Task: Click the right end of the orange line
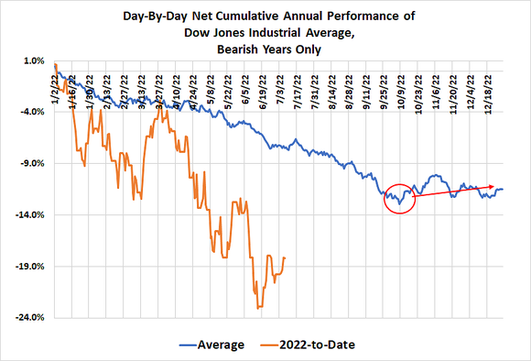(x=285, y=257)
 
